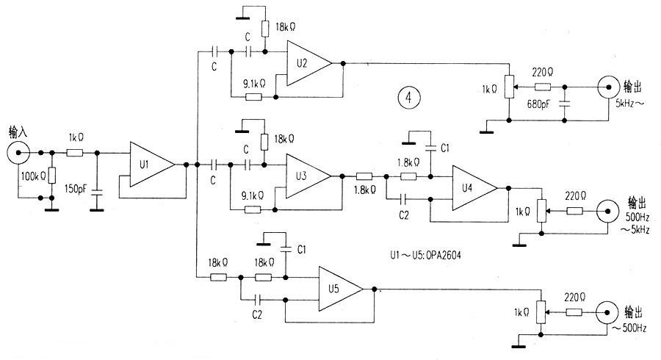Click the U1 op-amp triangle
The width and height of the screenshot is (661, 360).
pyautogui.click(x=151, y=165)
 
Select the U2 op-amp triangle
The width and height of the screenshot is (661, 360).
pyautogui.click(x=308, y=64)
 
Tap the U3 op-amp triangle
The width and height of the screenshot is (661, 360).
pyautogui.click(x=308, y=176)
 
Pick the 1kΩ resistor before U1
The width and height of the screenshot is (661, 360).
pyautogui.click(x=75, y=154)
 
